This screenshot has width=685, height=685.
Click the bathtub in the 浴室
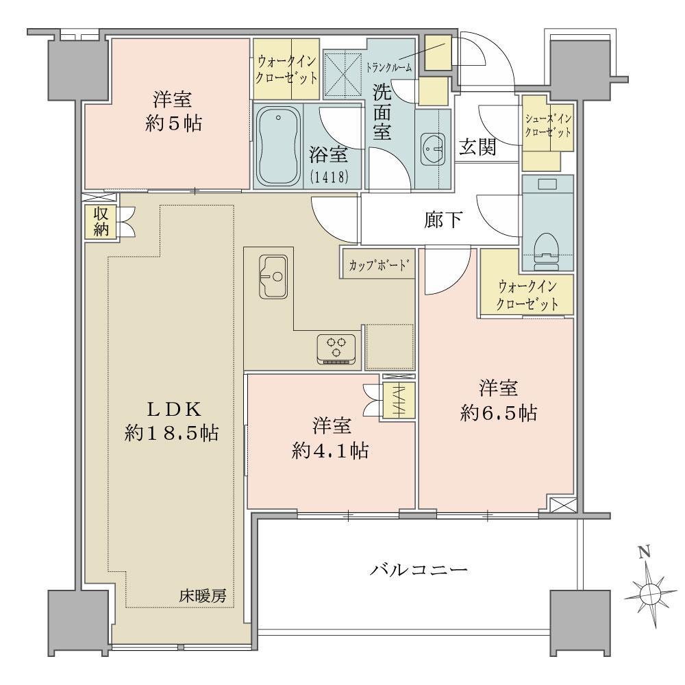pos(278,147)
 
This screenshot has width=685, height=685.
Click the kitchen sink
pos(273,276)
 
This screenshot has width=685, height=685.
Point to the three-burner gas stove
pos(336,349)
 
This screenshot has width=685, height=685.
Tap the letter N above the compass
pos(645,553)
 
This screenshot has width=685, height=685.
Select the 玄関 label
pos(477,147)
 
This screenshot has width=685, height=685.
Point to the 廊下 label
pos(443,220)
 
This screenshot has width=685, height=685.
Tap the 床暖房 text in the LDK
pos(203,596)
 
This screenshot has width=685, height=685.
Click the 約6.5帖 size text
pos(499,413)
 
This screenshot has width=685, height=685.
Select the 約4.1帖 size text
pos(330,451)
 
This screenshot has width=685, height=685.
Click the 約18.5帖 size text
pos(171,433)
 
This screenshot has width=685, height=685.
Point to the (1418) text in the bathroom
pos(329,177)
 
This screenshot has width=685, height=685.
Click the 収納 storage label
pos(101,221)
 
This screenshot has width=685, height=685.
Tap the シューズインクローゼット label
pos(548,125)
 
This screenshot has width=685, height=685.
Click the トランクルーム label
pos(389,68)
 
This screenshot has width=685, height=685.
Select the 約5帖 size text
pos(173,124)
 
